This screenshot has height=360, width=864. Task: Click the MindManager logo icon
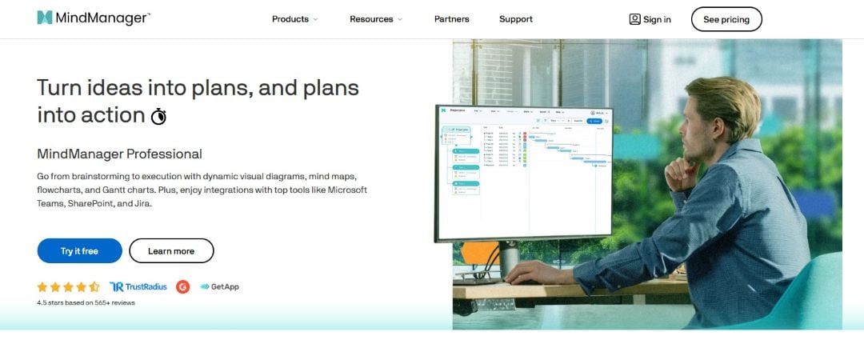click(x=45, y=18)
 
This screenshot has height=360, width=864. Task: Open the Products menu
click(x=294, y=19)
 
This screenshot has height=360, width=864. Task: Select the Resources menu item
click(x=375, y=19)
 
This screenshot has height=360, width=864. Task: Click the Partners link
click(x=452, y=19)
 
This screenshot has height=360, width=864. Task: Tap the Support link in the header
click(x=516, y=19)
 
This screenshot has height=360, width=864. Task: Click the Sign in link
click(x=650, y=19)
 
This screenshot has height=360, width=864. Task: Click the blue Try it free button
click(x=79, y=251)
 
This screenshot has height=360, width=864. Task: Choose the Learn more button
click(x=171, y=251)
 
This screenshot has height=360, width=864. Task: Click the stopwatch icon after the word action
click(x=159, y=116)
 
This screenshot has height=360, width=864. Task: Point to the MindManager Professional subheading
click(x=119, y=154)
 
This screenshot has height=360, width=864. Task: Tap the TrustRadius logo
click(x=138, y=286)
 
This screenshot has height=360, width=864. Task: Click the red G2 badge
click(x=183, y=286)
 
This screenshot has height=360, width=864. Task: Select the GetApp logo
click(x=219, y=286)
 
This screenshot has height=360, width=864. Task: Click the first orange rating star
click(x=42, y=286)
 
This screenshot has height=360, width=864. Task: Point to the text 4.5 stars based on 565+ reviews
click(x=86, y=303)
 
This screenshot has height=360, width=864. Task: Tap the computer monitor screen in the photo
click(x=523, y=172)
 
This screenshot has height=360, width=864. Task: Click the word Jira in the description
click(x=141, y=203)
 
